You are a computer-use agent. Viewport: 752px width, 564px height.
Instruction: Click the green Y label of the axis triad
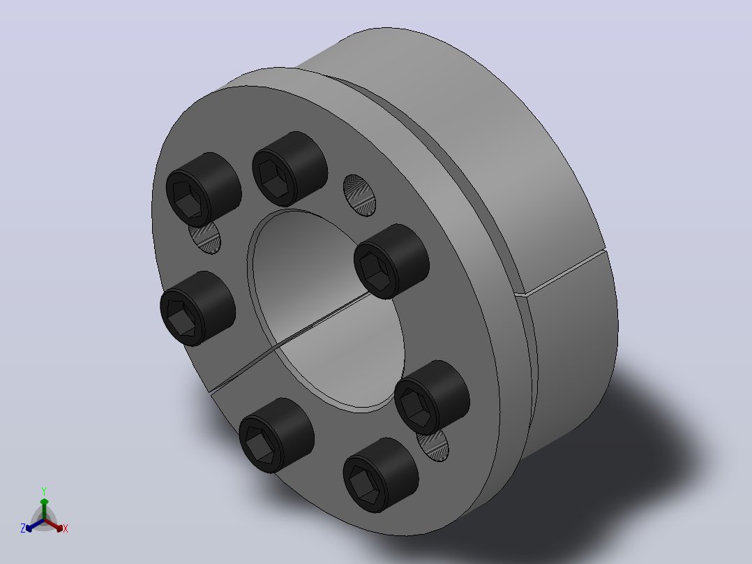click(x=44, y=491)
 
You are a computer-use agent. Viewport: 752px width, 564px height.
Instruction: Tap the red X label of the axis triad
click(x=66, y=528)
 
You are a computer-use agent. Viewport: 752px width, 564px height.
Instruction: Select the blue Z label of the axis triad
click(x=22, y=528)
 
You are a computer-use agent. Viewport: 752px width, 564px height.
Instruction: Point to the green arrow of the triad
click(x=44, y=508)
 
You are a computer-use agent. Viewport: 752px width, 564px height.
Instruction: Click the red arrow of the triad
click(x=54, y=525)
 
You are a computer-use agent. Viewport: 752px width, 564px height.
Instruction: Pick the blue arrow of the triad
click(x=35, y=525)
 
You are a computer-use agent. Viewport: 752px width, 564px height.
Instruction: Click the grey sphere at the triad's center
click(x=44, y=520)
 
